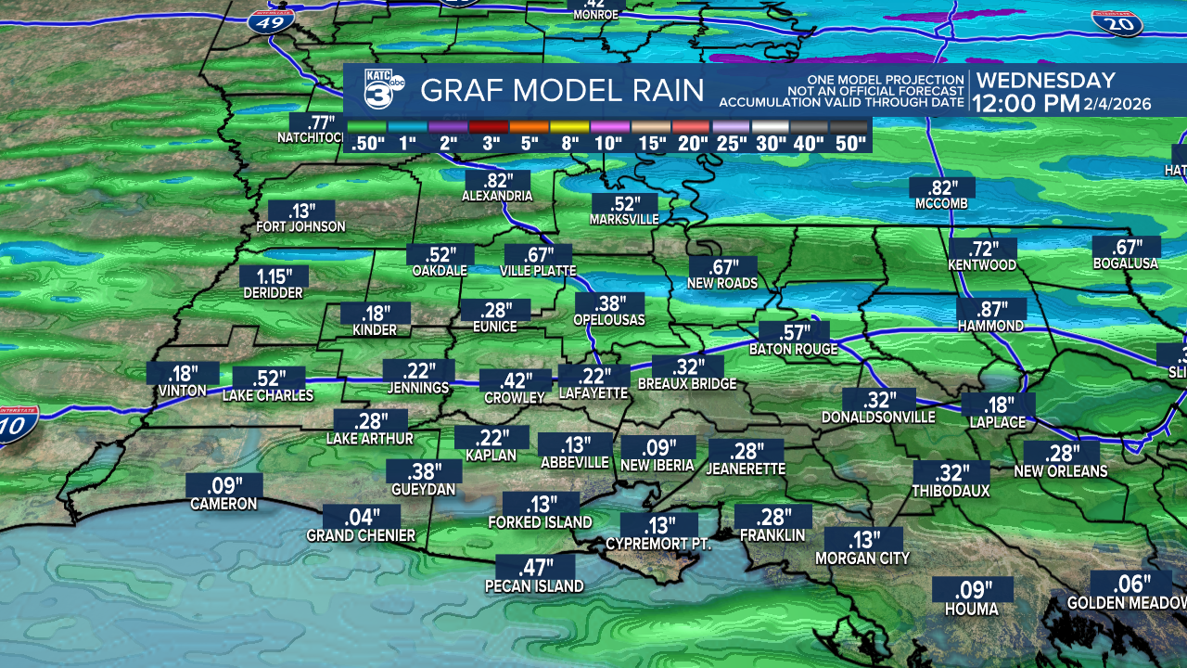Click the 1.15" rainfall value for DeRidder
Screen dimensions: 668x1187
(274, 276)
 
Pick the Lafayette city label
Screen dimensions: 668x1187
(593, 393)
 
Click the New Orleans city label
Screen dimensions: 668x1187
(1061, 471)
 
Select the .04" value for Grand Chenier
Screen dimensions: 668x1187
(362, 517)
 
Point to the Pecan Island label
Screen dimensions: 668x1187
(534, 586)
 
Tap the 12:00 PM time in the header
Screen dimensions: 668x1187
(1028, 104)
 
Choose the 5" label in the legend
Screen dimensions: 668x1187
(529, 143)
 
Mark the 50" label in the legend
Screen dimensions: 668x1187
(849, 143)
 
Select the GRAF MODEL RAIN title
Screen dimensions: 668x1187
(562, 91)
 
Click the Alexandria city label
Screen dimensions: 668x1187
(497, 197)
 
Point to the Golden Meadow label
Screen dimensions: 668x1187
(1127, 603)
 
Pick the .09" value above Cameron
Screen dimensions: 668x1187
(223, 485)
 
